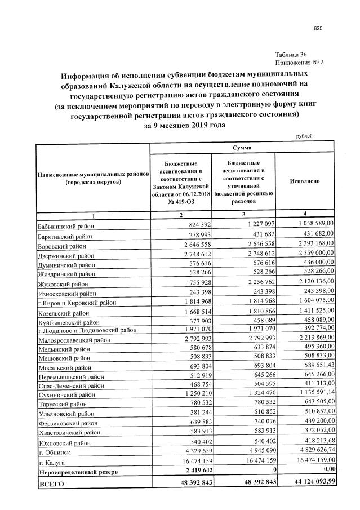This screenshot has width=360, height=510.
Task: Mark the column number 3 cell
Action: click(243, 214)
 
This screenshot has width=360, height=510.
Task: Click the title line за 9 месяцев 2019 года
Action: click(184, 125)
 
